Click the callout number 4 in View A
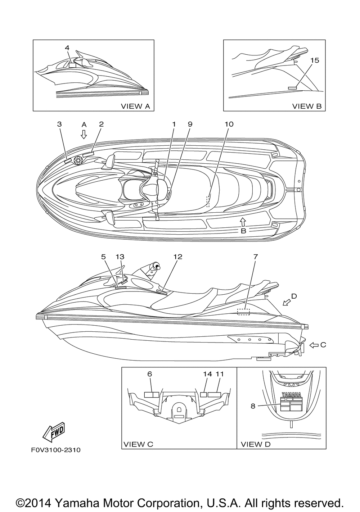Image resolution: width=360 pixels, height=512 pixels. tap(67, 47)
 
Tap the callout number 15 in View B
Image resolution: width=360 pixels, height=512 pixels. tap(314, 60)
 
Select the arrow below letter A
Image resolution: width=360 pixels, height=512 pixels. tap(84, 135)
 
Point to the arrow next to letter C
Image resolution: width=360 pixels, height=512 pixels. tap(314, 345)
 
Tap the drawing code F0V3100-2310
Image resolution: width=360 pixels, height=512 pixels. tap(54, 450)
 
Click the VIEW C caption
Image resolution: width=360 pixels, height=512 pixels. tap(138, 444)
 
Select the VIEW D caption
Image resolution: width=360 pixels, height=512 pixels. tap(255, 444)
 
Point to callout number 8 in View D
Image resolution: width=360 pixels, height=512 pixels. tap(253, 406)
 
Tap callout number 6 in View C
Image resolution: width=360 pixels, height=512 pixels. tap(150, 374)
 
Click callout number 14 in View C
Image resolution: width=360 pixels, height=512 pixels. tap(207, 374)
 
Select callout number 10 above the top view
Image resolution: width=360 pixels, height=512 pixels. tap(229, 124)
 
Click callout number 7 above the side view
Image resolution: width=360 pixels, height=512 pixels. tap(255, 257)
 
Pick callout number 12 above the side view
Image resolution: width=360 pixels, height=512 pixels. tap(177, 257)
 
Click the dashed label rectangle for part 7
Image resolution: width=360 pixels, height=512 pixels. tap(243, 312)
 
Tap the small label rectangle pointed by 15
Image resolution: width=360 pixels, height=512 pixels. tap(292, 87)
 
